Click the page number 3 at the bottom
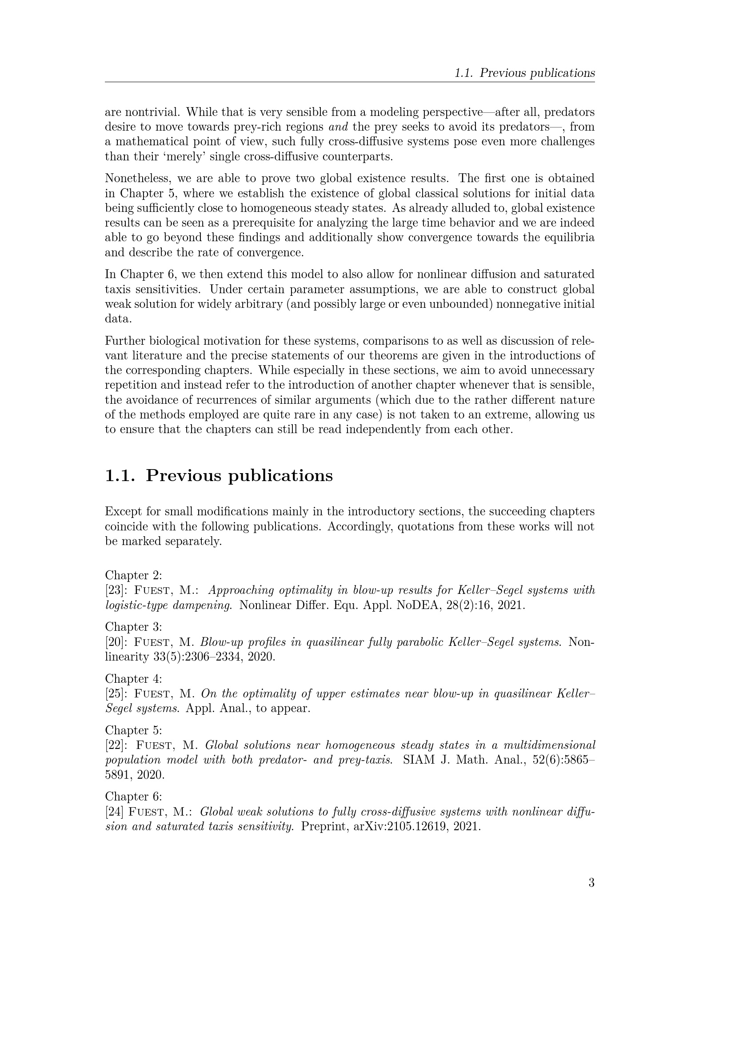pyautogui.click(x=591, y=883)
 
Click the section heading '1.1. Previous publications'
pyautogui.click(x=219, y=476)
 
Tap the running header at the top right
pyautogui.click(x=524, y=73)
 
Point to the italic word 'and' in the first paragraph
pyautogui.click(x=338, y=127)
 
